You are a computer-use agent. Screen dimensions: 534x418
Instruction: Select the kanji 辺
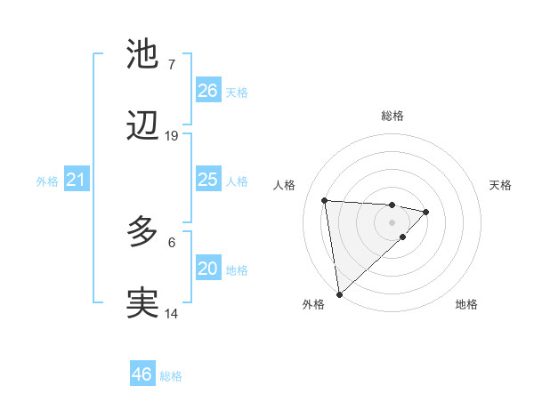pos(142,127)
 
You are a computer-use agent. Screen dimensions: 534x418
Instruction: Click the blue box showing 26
pos(208,91)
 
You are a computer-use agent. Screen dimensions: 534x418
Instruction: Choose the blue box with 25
pos(208,180)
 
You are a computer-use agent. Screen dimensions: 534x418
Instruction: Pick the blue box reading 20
pos(208,269)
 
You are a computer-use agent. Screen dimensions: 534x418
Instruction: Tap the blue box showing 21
pos(77,180)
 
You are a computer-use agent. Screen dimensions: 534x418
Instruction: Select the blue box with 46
pos(142,374)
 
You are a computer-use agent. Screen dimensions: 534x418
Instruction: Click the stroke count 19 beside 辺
pos(172,135)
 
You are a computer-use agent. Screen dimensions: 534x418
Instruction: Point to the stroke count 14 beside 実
pos(172,313)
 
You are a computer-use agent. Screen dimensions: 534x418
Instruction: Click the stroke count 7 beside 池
pos(172,64)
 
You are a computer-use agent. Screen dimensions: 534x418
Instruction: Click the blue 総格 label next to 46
pos(171,376)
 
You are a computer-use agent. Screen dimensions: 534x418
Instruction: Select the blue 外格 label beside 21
pos(47,181)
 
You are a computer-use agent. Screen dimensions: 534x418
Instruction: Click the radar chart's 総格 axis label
pos(392,116)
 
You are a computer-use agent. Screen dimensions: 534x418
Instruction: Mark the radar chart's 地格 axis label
pos(466,304)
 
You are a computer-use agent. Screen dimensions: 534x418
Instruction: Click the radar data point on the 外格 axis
pos(339,293)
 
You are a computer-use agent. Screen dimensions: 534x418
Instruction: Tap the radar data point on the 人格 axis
pos(325,200)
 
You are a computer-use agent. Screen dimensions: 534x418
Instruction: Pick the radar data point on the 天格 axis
pos(426,212)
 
